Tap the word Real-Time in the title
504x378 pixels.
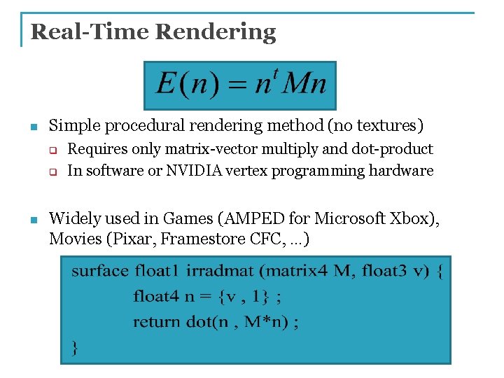90,31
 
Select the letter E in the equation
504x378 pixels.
165,84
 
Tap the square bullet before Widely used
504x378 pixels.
32,220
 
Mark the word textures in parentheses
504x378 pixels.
387,126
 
